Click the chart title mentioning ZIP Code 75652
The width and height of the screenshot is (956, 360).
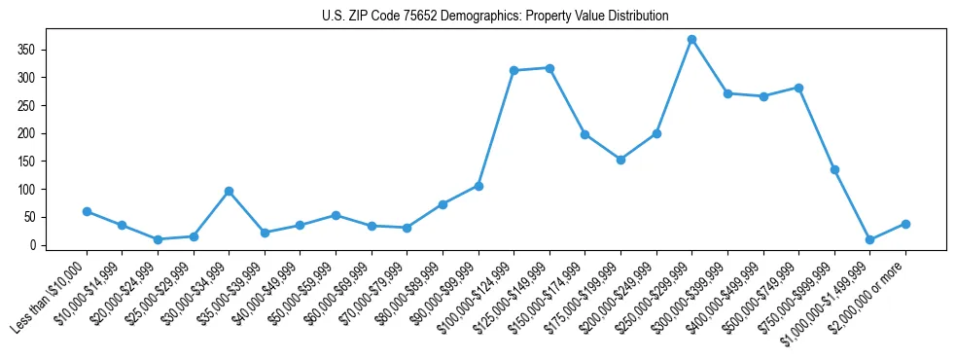(495, 16)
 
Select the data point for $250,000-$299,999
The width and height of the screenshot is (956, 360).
(691, 40)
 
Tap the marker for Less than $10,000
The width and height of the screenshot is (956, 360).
(87, 211)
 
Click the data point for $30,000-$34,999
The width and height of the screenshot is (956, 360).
(229, 191)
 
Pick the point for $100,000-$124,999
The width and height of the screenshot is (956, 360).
(513, 70)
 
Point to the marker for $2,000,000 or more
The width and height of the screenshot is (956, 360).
(905, 224)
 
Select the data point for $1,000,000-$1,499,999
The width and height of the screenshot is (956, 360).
(869, 239)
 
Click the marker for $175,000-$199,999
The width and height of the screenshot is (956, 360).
(620, 160)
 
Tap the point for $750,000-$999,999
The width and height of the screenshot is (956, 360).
(834, 169)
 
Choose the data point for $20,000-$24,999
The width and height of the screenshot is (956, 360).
(158, 239)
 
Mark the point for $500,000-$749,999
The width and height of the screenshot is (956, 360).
(798, 88)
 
